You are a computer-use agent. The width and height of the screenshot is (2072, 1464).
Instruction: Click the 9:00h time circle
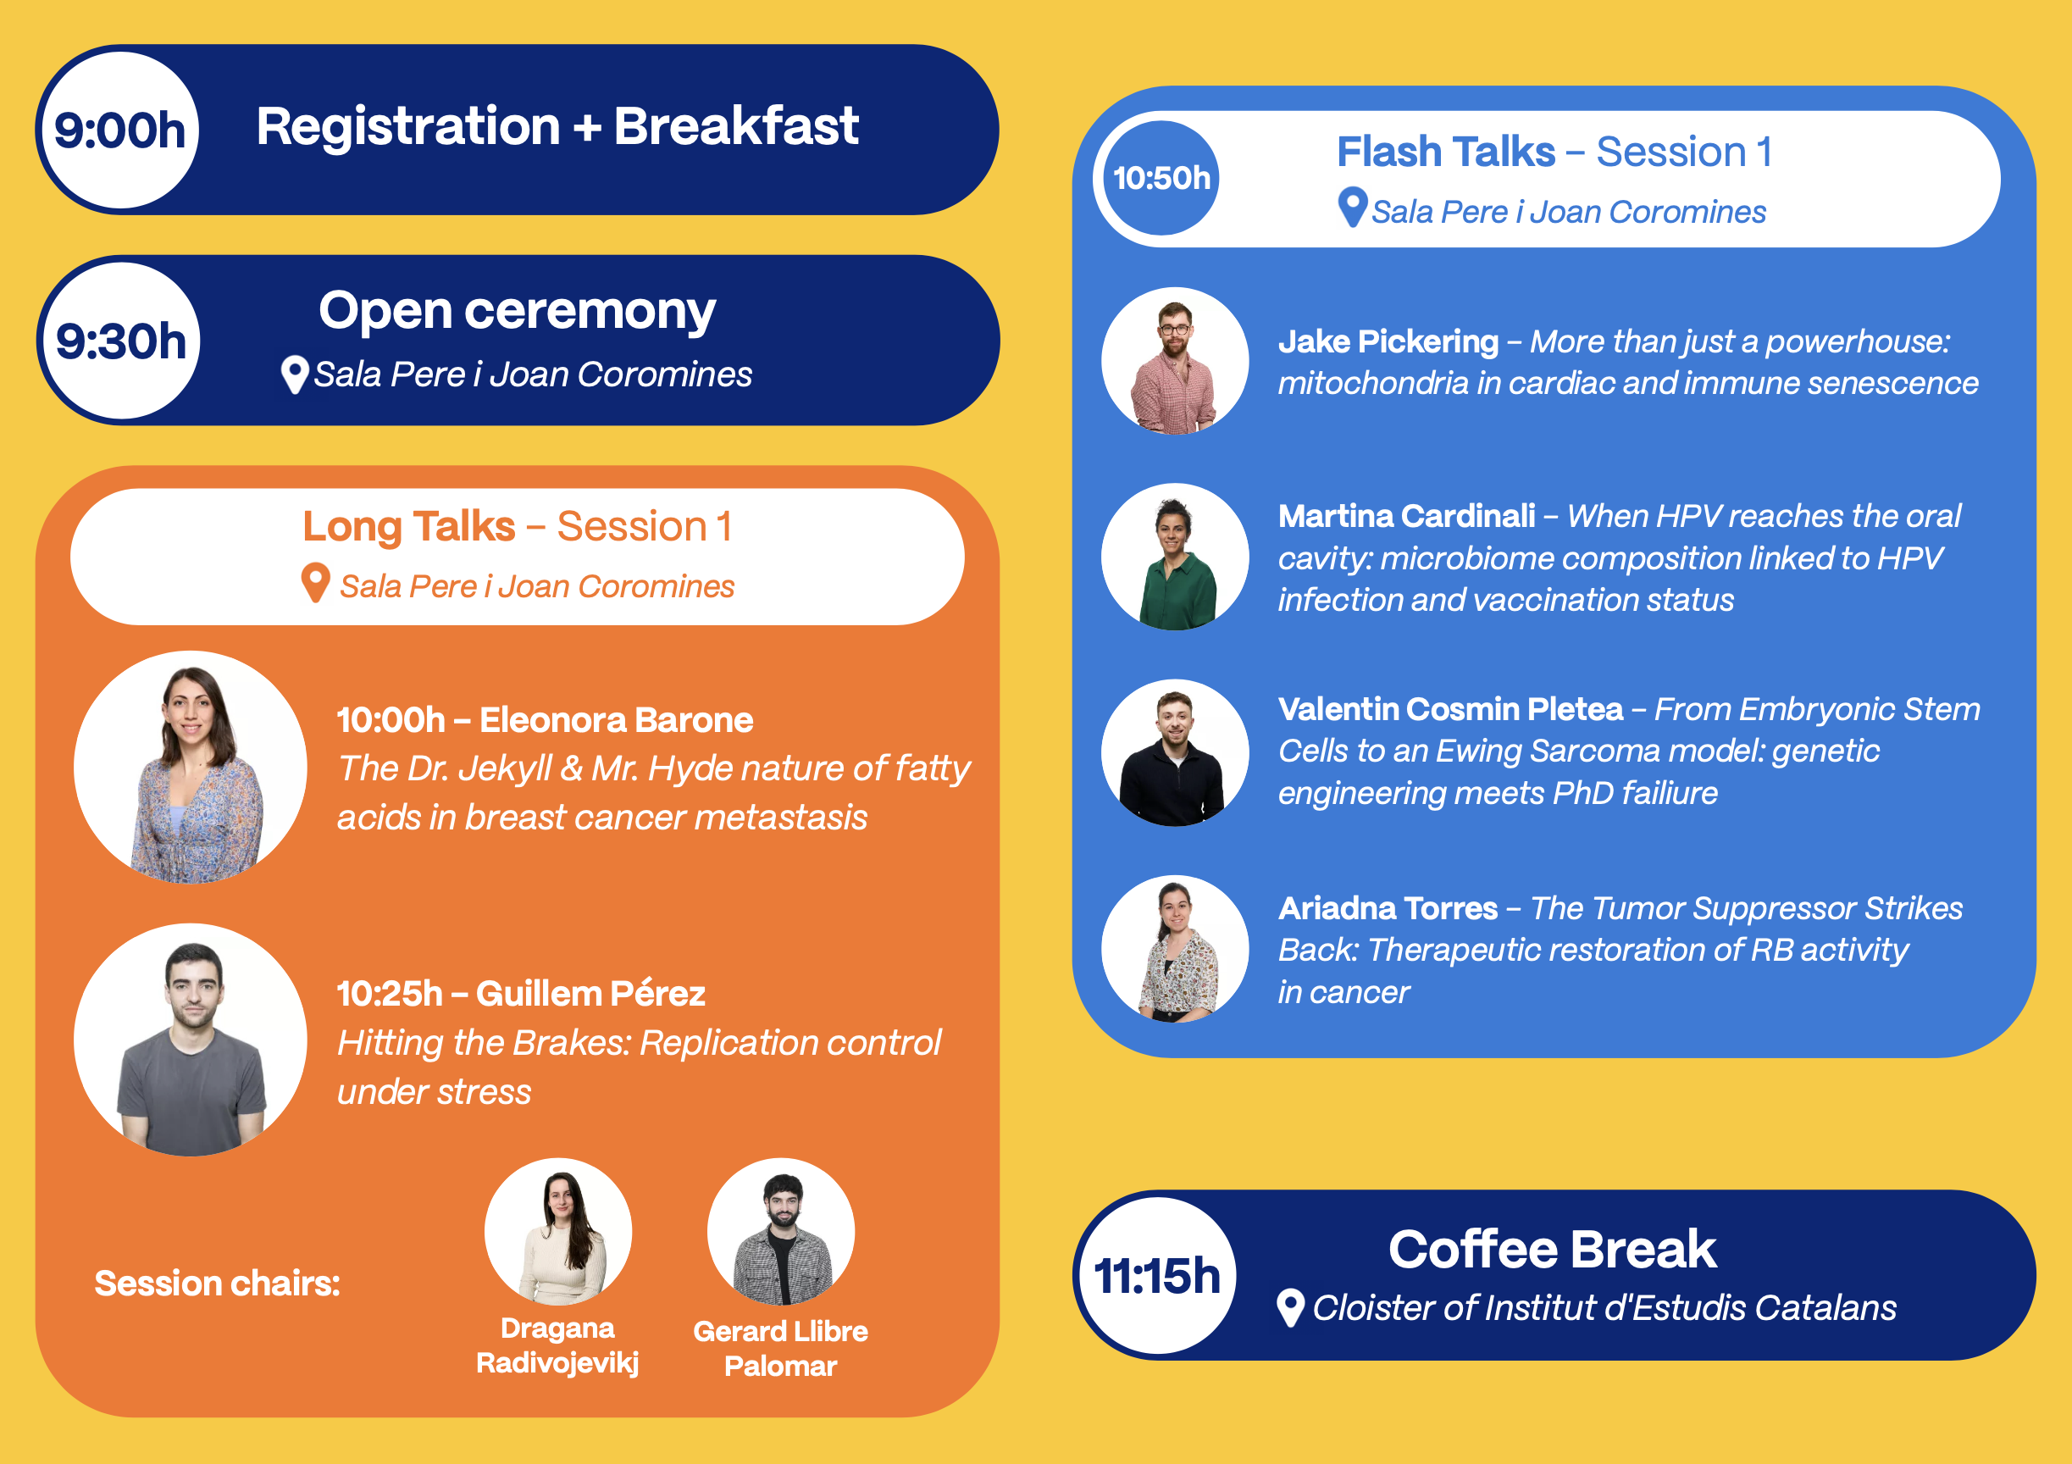[120, 130]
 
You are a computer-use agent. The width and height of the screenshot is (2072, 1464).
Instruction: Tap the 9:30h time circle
[121, 341]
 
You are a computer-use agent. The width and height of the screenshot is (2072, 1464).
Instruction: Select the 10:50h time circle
[1161, 178]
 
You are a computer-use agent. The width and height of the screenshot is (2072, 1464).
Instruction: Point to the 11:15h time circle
[1157, 1275]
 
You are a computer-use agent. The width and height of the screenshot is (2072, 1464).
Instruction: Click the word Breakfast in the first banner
[735, 125]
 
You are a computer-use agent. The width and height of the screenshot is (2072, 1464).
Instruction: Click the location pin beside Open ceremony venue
[294, 374]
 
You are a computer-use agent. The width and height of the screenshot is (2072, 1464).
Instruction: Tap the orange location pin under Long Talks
[315, 583]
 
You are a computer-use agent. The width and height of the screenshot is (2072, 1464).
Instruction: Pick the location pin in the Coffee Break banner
[1290, 1308]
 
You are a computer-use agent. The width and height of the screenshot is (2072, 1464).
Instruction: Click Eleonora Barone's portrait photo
[191, 768]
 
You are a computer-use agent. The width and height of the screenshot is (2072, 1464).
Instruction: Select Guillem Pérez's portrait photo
[191, 1040]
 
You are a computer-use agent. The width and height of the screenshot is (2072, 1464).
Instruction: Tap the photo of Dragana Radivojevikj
[558, 1231]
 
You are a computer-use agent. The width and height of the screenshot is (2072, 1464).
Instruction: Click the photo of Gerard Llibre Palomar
[781, 1231]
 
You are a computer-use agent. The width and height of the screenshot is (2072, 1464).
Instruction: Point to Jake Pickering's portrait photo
[1175, 361]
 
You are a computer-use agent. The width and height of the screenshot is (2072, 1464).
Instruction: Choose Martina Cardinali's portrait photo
[1175, 557]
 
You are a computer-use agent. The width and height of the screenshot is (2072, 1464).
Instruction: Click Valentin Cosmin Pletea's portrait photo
[1175, 753]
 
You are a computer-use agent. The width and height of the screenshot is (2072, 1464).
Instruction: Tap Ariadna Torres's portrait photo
[1175, 949]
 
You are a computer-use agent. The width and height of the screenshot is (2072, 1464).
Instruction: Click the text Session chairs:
[218, 1283]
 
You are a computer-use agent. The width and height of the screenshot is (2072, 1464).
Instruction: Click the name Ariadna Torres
[1388, 908]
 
